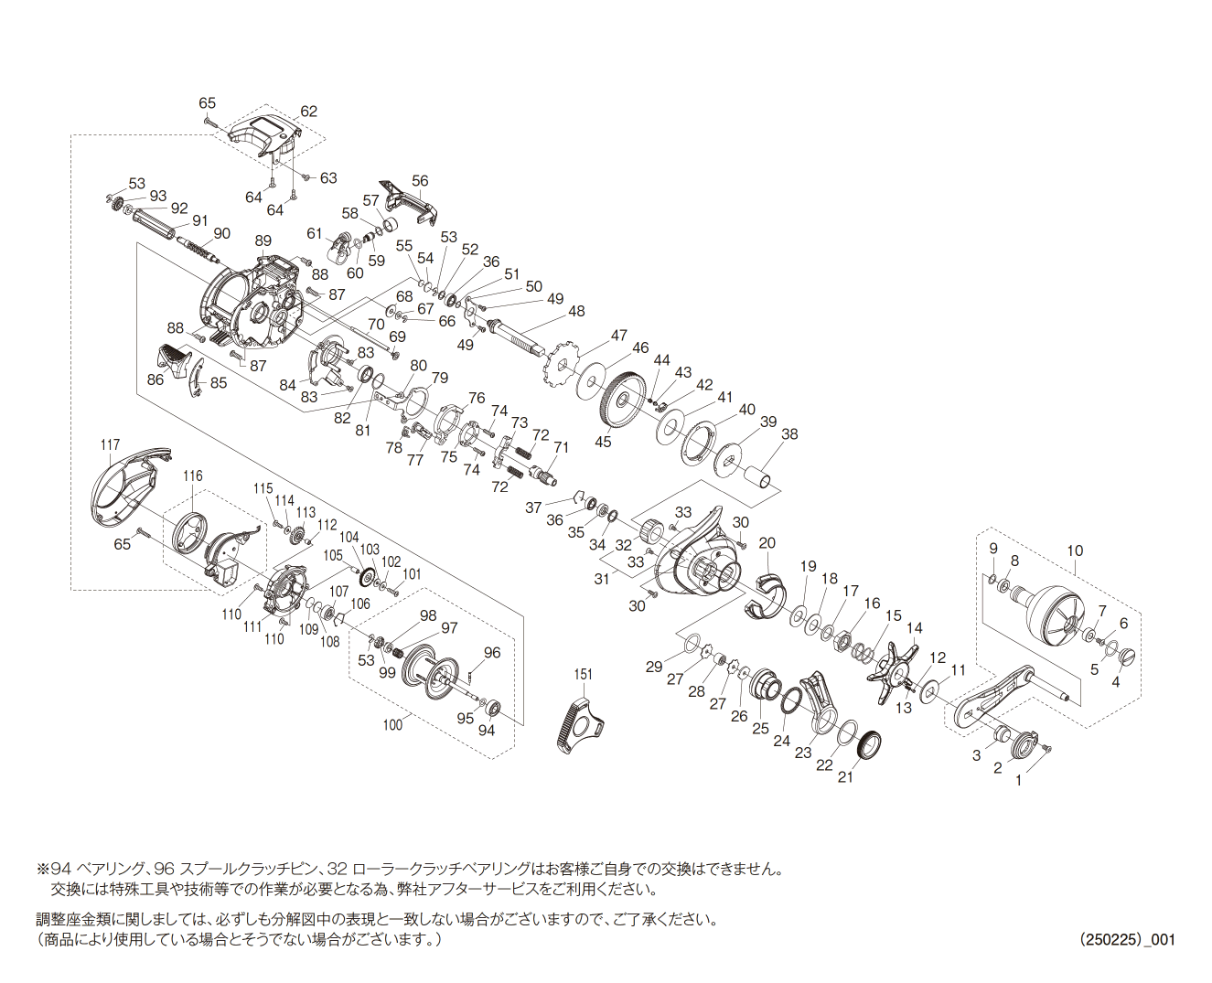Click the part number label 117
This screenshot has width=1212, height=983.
(110, 444)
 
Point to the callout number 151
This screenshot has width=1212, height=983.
(584, 675)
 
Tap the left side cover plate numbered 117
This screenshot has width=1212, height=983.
(131, 488)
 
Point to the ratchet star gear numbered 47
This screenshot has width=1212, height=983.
(563, 365)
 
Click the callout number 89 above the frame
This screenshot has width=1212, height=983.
(263, 240)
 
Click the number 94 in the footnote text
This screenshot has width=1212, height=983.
(59, 870)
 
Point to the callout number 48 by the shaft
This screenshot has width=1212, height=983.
(576, 311)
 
